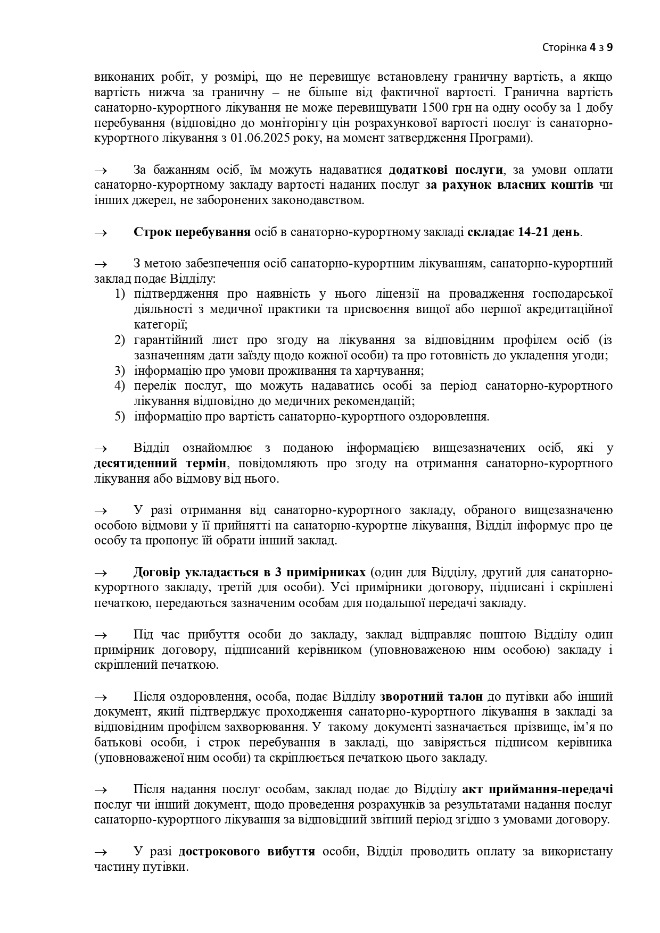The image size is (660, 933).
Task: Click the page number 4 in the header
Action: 592,48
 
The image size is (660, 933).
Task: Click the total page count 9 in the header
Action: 609,48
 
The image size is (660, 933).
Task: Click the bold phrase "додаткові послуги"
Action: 445,170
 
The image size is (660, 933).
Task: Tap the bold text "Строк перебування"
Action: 192,233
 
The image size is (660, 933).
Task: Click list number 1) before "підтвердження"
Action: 120,294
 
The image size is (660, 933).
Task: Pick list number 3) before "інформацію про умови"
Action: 120,371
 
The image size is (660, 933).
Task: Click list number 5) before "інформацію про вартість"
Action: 120,417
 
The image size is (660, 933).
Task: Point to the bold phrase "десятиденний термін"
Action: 161,464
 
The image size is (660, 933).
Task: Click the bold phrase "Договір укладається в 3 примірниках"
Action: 249,573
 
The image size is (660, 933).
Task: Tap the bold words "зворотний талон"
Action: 431,697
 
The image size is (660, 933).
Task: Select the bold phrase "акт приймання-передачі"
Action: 538,789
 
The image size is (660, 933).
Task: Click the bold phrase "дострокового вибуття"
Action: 246,852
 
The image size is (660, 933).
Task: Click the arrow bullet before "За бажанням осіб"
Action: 101,171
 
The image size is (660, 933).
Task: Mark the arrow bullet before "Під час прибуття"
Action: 101,635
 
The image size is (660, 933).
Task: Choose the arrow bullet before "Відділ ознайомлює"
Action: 101,448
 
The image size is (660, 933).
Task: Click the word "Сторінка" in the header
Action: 564,48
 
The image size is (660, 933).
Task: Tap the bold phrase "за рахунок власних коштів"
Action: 509,186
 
